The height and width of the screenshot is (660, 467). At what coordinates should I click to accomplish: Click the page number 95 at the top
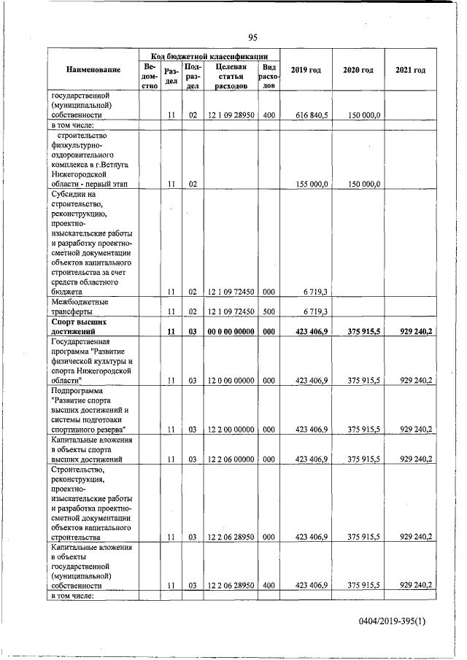point(252,38)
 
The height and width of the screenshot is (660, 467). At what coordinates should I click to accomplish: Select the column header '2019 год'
point(306,70)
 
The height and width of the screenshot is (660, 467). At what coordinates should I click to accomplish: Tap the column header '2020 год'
point(358,70)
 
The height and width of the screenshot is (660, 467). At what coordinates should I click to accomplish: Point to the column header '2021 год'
point(410,70)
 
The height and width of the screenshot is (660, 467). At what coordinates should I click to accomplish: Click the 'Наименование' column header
point(93,70)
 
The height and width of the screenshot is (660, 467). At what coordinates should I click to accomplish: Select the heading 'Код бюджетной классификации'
point(209,55)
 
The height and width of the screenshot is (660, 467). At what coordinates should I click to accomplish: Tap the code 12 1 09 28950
point(228,115)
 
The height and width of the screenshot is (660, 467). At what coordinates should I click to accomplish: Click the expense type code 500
point(269,311)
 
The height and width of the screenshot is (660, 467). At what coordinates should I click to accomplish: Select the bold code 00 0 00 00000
point(228,332)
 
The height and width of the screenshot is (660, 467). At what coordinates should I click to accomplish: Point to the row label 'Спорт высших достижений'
point(80,327)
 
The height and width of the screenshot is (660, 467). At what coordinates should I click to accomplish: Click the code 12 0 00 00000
point(228,380)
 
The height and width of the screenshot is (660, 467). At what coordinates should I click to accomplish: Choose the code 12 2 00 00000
point(228,429)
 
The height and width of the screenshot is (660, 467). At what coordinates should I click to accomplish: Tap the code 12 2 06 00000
point(228,459)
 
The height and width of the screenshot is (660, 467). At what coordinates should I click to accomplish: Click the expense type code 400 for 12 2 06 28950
point(269,586)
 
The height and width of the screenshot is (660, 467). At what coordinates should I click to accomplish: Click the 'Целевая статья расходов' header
point(228,76)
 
